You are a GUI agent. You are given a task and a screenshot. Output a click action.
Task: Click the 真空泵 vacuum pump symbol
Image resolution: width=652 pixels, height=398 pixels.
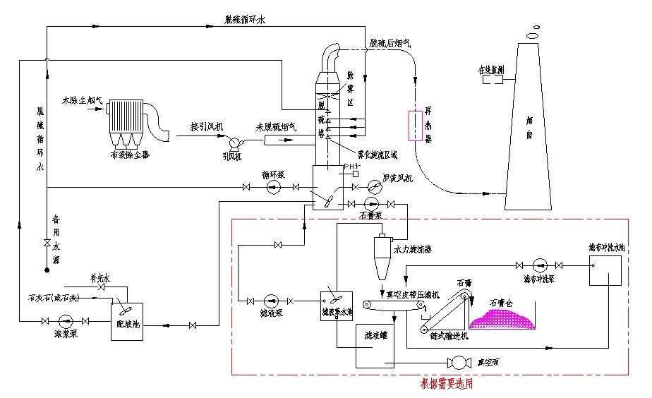click(x=459, y=363)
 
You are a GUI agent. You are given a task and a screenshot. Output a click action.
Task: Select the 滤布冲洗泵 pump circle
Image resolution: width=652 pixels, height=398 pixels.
click(x=538, y=265)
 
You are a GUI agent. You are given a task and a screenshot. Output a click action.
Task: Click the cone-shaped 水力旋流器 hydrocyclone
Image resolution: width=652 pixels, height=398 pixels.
click(x=382, y=257)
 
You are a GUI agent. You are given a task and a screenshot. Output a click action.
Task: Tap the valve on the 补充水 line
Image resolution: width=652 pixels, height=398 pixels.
click(x=101, y=288)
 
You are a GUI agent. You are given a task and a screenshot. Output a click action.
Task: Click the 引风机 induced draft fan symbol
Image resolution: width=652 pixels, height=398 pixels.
click(x=230, y=143)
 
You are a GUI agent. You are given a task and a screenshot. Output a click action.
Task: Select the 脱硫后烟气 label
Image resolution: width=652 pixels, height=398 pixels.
click(x=390, y=44)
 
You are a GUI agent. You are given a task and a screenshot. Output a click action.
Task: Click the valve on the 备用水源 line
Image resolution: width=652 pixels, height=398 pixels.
click(x=47, y=243)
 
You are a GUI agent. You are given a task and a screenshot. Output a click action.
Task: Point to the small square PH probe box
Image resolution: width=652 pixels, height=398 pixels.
click(x=356, y=174)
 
